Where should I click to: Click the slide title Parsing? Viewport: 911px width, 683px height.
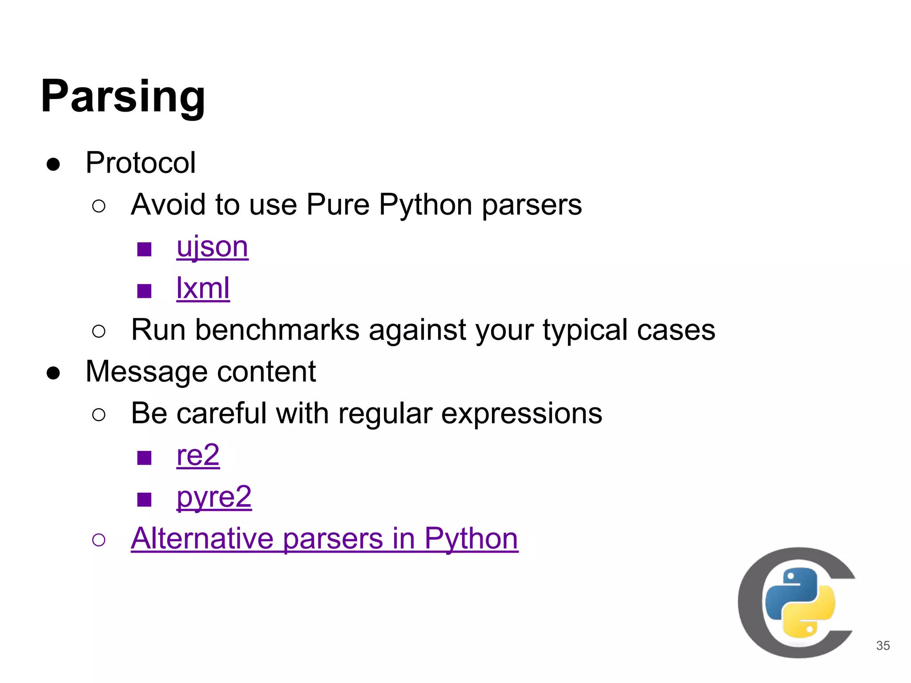tap(123, 96)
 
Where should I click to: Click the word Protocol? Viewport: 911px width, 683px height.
tap(140, 163)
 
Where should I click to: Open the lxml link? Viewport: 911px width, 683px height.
tap(203, 288)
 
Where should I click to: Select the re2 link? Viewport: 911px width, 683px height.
tap(198, 455)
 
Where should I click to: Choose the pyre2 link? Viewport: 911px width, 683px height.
tap(214, 497)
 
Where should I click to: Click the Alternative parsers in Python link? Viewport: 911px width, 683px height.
tap(324, 538)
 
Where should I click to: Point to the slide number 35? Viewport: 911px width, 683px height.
tap(883, 646)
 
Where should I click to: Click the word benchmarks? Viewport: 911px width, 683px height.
tap(277, 330)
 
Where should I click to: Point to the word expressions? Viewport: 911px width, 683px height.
tap(521, 414)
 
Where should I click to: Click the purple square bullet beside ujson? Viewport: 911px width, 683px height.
tap(144, 249)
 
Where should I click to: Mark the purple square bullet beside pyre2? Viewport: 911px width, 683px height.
tap(144, 499)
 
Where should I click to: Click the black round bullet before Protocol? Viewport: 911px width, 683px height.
tap(53, 164)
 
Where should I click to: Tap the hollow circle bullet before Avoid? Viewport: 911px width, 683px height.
tap(99, 206)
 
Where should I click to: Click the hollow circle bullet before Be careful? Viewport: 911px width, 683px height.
tap(99, 415)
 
